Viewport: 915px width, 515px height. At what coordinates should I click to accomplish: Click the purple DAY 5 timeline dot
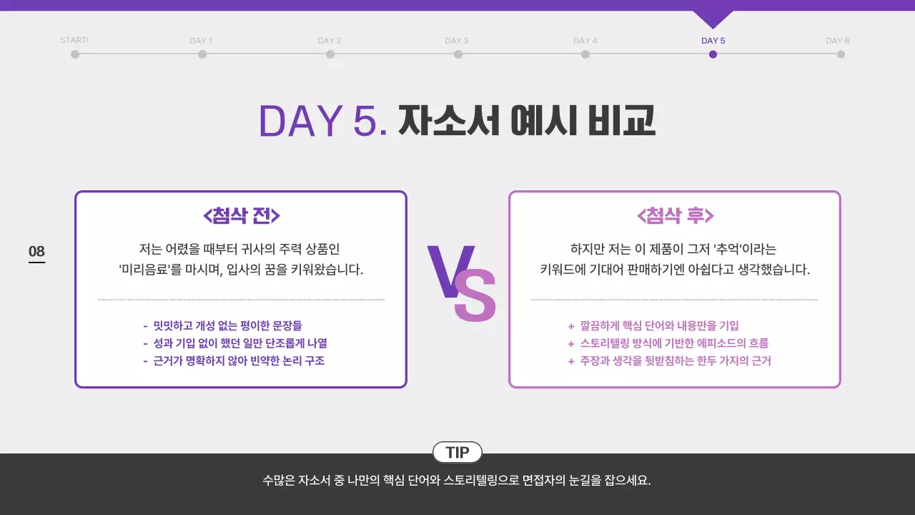(713, 54)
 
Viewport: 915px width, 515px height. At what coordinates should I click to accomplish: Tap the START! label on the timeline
(74, 40)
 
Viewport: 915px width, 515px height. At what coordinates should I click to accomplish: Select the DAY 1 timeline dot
(202, 54)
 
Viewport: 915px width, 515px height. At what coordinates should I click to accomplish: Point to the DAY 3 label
(457, 41)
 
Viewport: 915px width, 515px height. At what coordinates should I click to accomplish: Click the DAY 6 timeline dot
(841, 54)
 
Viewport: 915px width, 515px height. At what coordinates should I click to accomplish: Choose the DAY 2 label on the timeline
(330, 41)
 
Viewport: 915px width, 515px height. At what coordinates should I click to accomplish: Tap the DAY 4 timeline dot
(585, 54)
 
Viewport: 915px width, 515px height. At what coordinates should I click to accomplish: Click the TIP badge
(457, 452)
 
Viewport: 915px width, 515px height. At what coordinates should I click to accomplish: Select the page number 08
(36, 252)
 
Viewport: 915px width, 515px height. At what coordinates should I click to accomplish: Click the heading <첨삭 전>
(242, 215)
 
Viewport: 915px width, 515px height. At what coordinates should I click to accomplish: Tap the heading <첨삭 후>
(675, 215)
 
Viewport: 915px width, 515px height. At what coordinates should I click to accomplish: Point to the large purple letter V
(449, 271)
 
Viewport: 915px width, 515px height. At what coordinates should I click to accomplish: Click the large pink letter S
(475, 295)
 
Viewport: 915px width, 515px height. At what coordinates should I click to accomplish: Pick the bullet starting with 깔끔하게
(658, 325)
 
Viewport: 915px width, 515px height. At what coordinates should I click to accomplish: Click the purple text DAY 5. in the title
(323, 121)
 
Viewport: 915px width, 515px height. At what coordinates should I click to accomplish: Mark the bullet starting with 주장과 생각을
(673, 361)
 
